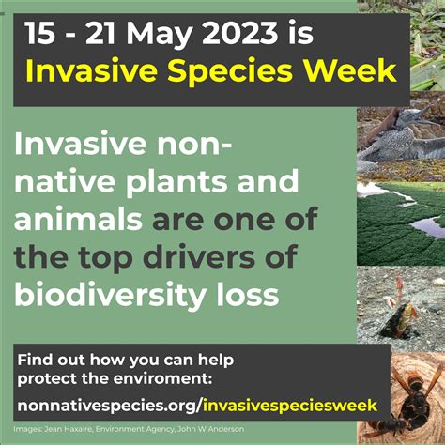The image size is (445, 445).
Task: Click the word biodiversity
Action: coord(114,294)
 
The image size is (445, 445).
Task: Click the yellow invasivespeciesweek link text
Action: coord(290,405)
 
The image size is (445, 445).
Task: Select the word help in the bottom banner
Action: coord(211,360)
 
